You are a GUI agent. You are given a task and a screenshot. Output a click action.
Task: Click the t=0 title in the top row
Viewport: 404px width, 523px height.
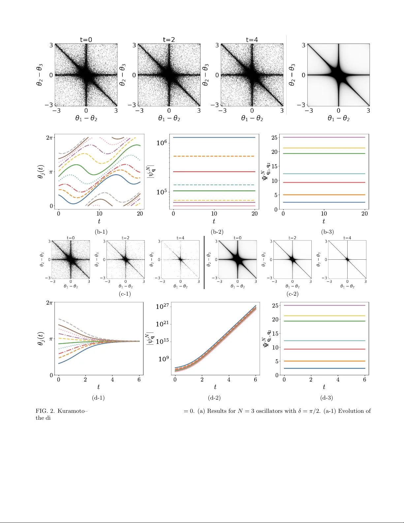tap(86, 40)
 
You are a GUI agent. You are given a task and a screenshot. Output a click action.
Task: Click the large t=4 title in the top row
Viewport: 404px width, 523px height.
tap(252, 40)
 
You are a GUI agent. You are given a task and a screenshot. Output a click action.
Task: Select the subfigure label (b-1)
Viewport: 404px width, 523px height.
tap(101, 232)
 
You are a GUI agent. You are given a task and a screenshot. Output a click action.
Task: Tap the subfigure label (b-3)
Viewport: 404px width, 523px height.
tap(327, 232)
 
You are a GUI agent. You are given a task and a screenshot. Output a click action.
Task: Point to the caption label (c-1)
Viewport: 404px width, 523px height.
tap(125, 294)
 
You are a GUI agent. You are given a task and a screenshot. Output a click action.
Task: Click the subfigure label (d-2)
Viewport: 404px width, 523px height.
tap(214, 398)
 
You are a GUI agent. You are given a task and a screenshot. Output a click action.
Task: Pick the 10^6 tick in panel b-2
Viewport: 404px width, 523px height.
tap(162, 143)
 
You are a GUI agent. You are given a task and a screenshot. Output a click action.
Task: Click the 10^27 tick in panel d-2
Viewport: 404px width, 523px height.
tap(162, 307)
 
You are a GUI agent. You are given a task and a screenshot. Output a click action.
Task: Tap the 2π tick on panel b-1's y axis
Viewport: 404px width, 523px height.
tap(49, 137)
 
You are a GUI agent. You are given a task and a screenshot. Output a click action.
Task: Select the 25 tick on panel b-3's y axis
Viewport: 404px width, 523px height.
tap(274, 138)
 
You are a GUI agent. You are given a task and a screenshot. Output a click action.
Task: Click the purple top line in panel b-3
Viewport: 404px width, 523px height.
tap(324, 137)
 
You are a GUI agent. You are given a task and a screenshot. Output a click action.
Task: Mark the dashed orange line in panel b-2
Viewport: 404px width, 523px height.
tap(214, 156)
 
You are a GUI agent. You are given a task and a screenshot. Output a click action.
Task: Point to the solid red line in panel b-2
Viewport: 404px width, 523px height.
tap(214, 172)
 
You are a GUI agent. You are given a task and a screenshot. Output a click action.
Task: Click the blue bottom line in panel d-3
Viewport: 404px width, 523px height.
tap(324, 368)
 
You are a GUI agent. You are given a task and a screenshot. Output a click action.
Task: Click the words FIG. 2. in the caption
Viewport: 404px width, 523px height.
tap(45, 411)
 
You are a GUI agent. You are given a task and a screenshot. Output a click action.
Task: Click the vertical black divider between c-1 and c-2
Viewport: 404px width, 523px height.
tap(204, 262)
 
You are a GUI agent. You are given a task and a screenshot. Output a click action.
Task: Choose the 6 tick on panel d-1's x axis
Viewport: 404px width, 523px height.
tap(139, 379)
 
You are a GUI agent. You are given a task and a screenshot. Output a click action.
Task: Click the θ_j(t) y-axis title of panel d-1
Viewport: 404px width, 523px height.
tap(41, 339)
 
